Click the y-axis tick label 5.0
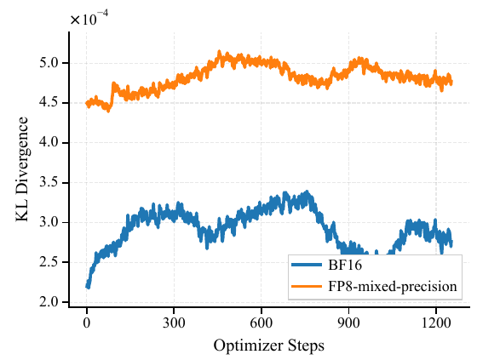coord(50,63)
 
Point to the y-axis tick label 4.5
coord(50,103)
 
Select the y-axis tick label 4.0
coord(50,143)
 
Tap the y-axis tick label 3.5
coord(50,183)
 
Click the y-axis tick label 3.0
coord(50,223)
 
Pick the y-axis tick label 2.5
coord(50,262)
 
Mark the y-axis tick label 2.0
coord(50,302)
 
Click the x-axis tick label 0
coord(87,324)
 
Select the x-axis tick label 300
coord(174,324)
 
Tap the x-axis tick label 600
coord(261,324)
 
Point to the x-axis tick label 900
coord(349,324)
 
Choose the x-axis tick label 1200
coord(436,324)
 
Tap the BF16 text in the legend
coord(343,266)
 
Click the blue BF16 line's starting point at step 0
coord(87,286)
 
